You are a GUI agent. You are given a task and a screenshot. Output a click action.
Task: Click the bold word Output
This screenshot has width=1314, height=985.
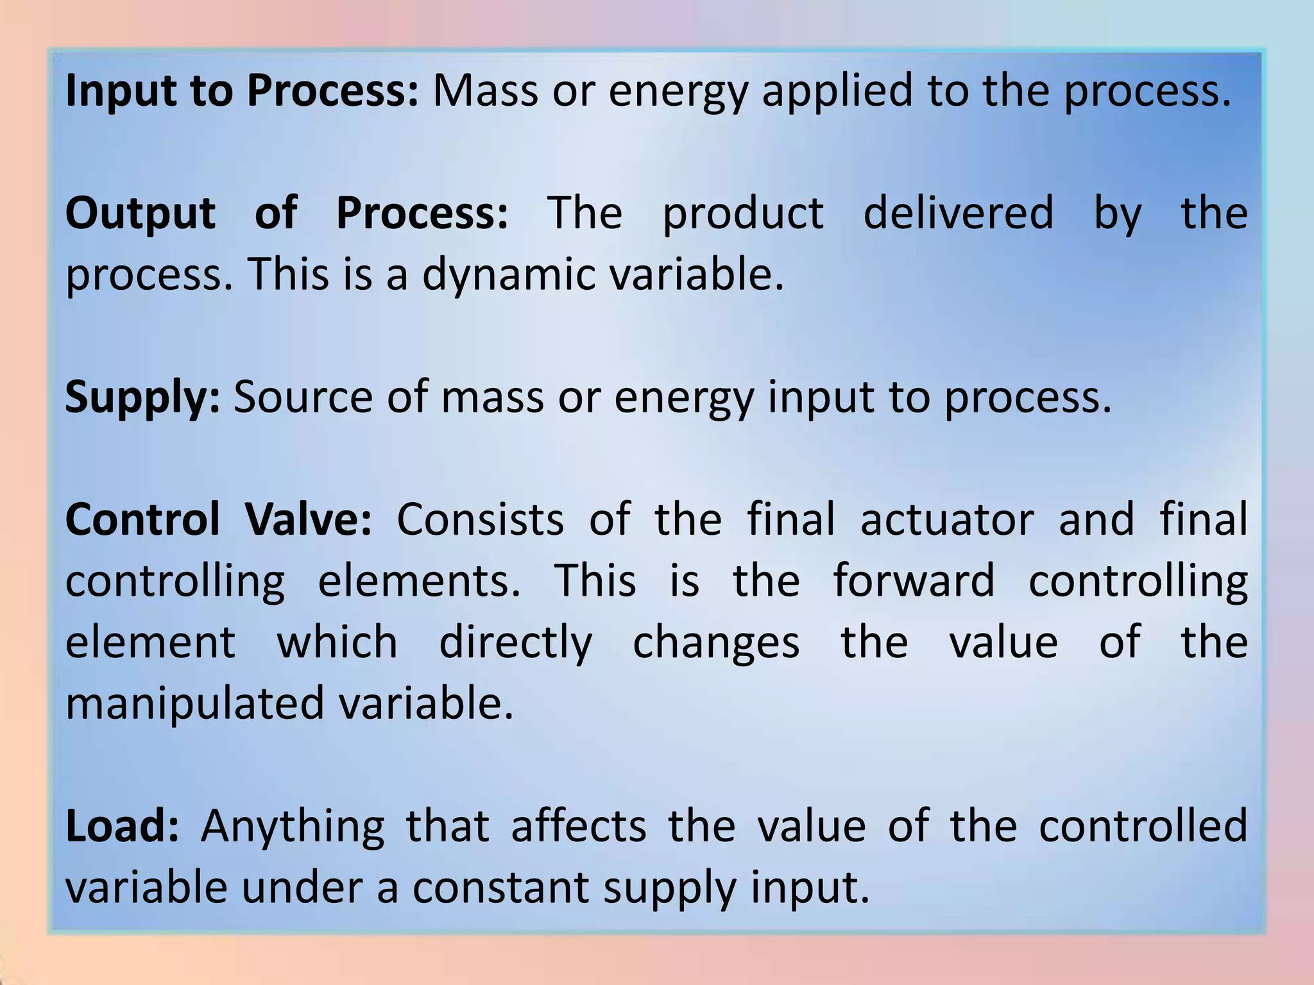(x=140, y=214)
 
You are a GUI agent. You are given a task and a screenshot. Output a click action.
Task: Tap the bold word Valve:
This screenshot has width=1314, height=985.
(x=308, y=519)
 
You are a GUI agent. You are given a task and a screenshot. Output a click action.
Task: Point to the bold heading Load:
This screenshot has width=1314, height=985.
(x=122, y=826)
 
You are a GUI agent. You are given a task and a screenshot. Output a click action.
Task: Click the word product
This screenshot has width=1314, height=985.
(x=743, y=214)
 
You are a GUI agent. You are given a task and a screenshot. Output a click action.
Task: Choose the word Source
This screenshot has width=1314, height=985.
(x=303, y=398)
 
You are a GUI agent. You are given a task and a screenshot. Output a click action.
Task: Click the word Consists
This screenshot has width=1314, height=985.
(x=480, y=519)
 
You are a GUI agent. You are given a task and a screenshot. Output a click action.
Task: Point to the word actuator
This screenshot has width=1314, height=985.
(x=947, y=519)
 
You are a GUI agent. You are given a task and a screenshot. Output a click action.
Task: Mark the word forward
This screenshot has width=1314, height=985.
(x=914, y=580)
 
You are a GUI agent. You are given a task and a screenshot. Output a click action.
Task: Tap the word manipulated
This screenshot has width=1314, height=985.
(x=195, y=704)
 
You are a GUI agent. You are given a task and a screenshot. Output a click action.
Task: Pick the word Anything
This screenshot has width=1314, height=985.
(x=293, y=827)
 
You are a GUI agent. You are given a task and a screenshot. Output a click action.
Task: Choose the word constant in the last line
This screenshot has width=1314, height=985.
(x=500, y=888)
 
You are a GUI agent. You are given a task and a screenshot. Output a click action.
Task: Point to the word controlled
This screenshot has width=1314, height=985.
(x=1143, y=826)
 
